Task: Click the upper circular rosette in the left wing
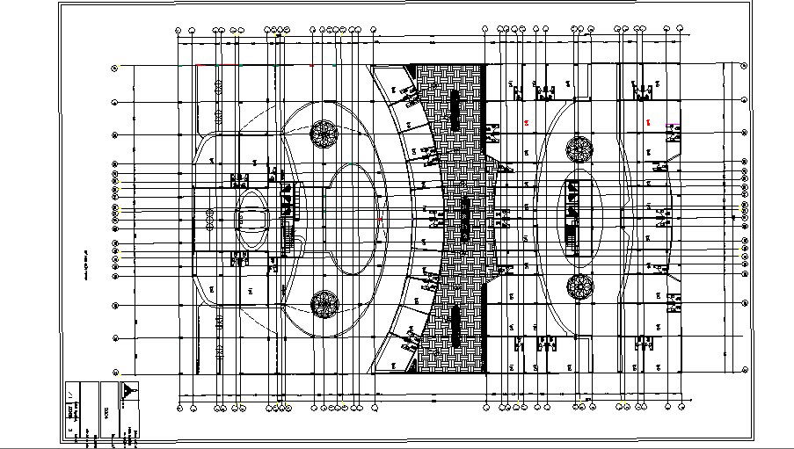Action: (x=324, y=134)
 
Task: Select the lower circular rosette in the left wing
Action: (x=324, y=304)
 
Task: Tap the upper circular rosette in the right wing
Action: (x=579, y=148)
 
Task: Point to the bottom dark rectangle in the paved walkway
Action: (x=455, y=323)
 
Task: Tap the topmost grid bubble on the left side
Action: (x=115, y=67)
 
